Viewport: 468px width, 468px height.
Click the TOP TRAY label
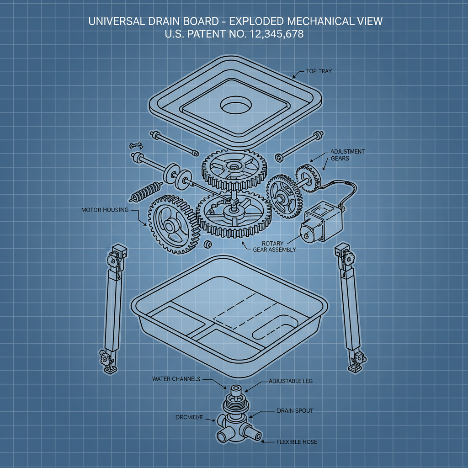click(x=319, y=72)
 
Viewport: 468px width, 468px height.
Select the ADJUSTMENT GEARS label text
click(x=347, y=155)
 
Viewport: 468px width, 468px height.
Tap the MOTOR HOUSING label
click(x=105, y=210)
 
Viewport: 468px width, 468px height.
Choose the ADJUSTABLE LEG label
click(x=291, y=381)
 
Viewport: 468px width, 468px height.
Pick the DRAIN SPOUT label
click(x=295, y=411)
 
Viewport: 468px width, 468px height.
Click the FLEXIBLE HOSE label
click(x=297, y=442)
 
